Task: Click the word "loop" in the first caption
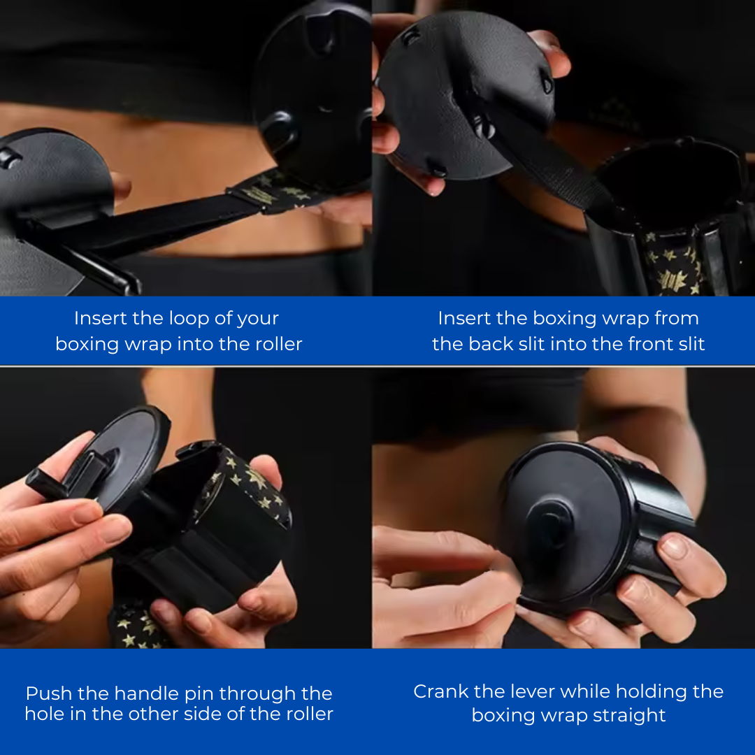pyautogui.click(x=171, y=319)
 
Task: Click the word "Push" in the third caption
pyautogui.click(x=49, y=693)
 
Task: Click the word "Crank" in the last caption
pyautogui.click(x=441, y=691)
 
